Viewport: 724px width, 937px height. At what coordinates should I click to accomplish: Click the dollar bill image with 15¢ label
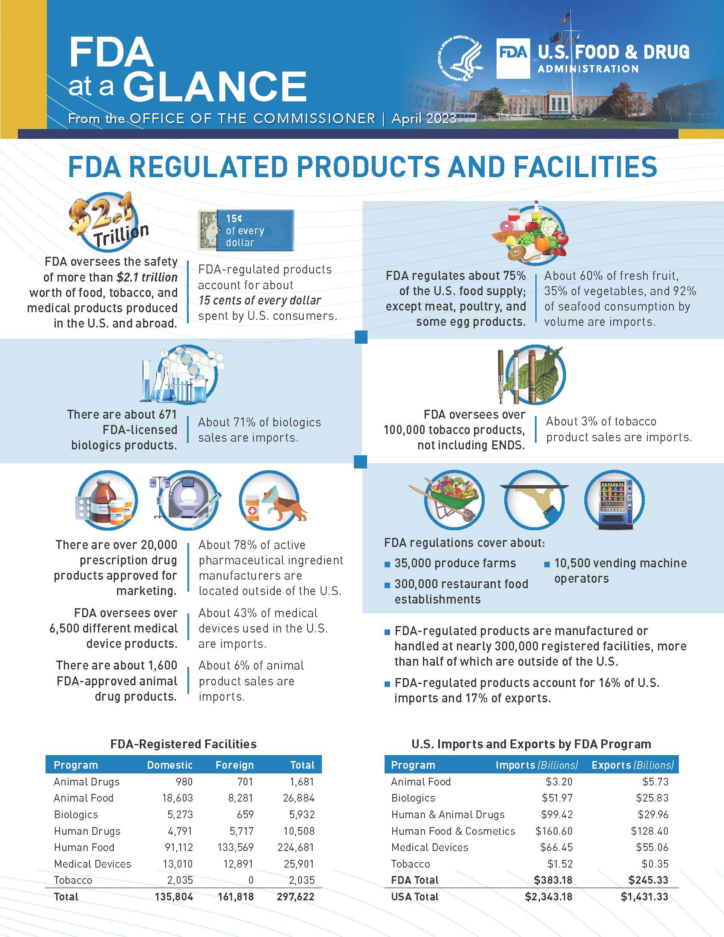coord(246,230)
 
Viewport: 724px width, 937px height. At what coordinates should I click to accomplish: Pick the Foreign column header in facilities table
coord(235,765)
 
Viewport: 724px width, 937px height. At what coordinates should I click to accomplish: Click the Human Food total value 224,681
coord(299,847)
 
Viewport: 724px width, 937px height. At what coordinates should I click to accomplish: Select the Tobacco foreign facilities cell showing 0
coord(251,880)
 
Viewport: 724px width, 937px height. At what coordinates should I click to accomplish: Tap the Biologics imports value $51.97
coord(557,798)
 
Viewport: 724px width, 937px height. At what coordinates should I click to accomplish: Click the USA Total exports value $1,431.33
coord(644,897)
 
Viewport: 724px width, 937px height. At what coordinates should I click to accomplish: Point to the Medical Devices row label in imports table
coord(430,847)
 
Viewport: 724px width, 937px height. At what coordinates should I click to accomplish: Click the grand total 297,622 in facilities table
coord(296,897)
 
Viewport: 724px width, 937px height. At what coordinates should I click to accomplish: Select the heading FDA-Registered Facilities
coord(184,744)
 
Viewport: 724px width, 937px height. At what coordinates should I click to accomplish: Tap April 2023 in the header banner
coord(424,118)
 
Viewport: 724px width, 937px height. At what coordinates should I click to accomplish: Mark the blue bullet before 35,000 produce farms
coord(387,565)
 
